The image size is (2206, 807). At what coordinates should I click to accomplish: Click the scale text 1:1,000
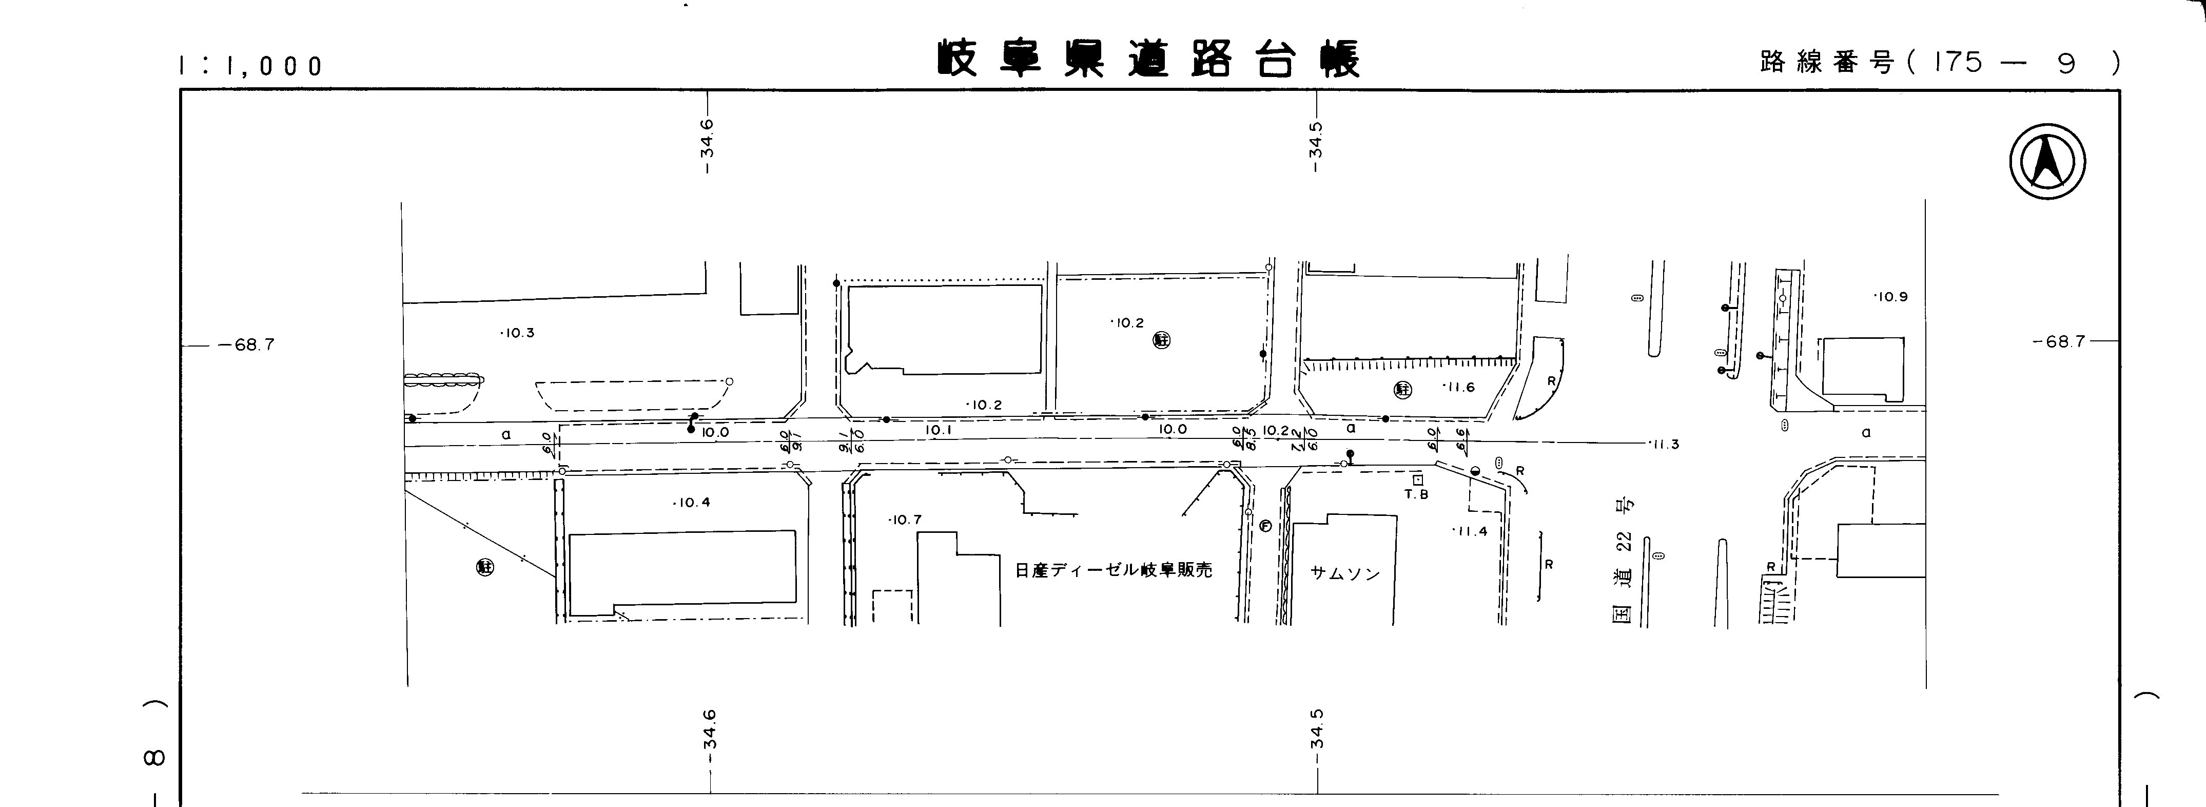[250, 66]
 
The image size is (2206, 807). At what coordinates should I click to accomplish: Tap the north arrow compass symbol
[2047, 161]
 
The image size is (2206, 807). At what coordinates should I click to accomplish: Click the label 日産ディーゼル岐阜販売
[1114, 570]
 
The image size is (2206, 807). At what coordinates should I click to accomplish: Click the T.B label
[1416, 494]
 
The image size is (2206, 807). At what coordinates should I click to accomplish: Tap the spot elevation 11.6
[1458, 387]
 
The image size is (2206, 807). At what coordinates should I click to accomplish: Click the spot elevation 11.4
[1470, 531]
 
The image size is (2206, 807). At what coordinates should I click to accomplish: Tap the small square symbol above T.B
[1417, 480]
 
